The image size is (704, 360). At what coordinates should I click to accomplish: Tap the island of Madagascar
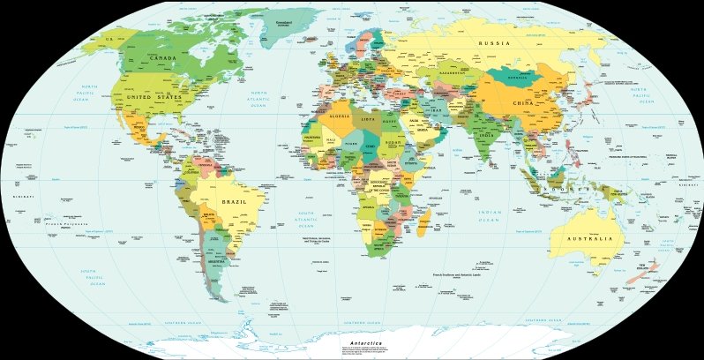click(x=424, y=221)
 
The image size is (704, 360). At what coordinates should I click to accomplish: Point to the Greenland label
click(x=283, y=21)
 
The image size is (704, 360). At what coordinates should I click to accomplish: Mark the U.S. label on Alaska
click(x=110, y=40)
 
